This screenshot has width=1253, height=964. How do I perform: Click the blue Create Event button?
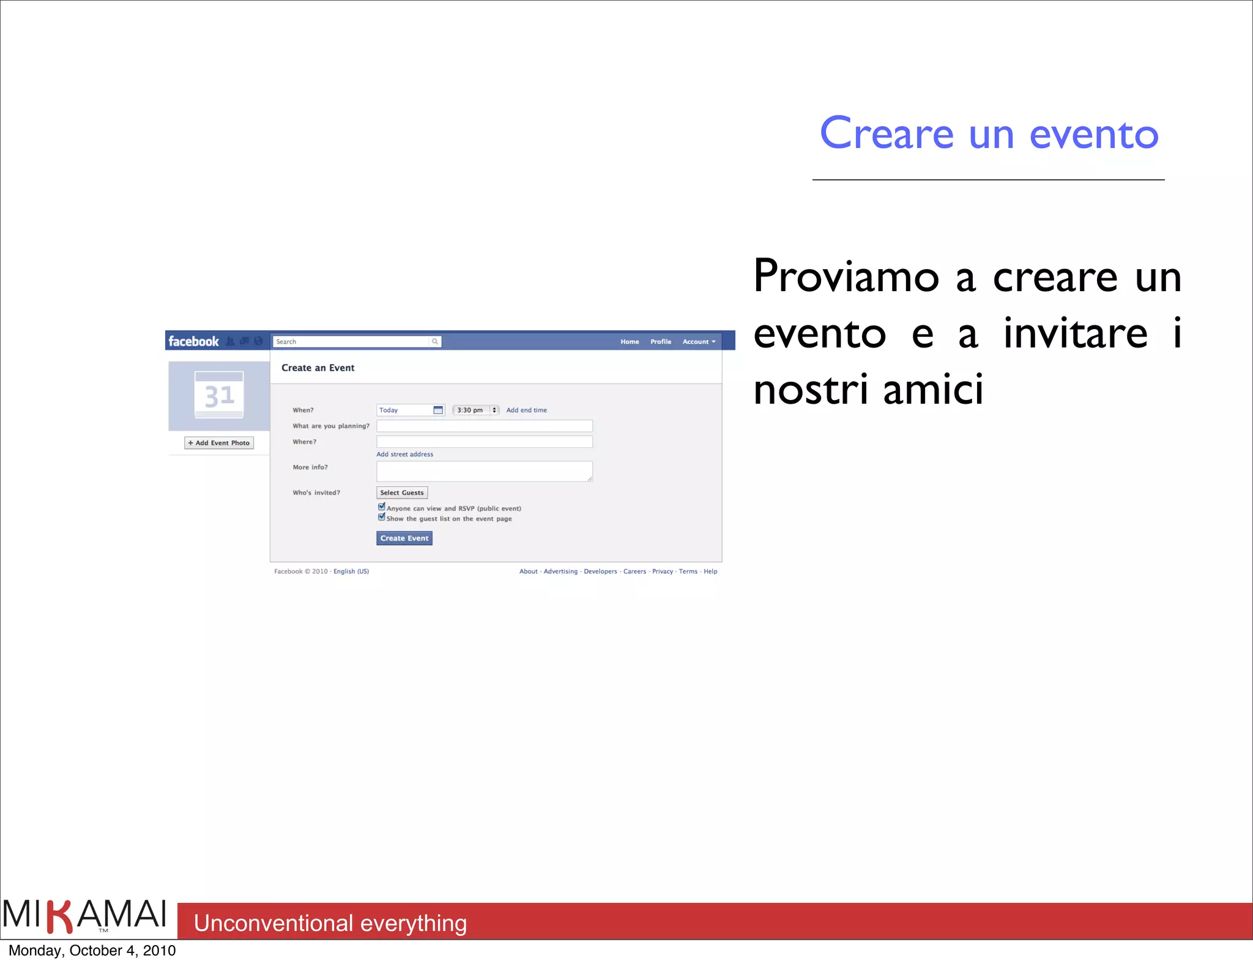pyautogui.click(x=404, y=538)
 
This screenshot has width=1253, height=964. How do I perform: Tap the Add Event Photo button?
pyautogui.click(x=219, y=443)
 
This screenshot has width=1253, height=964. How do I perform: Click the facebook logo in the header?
pyautogui.click(x=193, y=341)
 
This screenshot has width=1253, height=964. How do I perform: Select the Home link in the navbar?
pyautogui.click(x=630, y=342)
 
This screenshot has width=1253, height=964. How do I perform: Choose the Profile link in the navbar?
pyautogui.click(x=661, y=342)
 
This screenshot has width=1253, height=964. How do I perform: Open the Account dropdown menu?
pyautogui.click(x=699, y=342)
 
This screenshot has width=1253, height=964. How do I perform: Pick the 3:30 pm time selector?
pyautogui.click(x=475, y=410)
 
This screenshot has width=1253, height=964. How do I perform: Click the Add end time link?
pyautogui.click(x=526, y=410)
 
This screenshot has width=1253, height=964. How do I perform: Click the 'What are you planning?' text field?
pyautogui.click(x=484, y=426)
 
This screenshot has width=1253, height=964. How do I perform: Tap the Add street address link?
pyautogui.click(x=404, y=454)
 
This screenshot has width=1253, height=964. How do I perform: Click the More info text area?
pyautogui.click(x=484, y=471)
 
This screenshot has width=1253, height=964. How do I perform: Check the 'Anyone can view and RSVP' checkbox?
pyautogui.click(x=382, y=507)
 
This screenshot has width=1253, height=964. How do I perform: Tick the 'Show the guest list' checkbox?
pyautogui.click(x=382, y=517)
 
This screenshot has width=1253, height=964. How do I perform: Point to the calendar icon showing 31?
pyautogui.click(x=219, y=395)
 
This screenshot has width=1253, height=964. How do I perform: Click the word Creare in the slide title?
pyautogui.click(x=887, y=134)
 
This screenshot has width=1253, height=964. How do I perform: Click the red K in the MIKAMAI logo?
pyautogui.click(x=61, y=916)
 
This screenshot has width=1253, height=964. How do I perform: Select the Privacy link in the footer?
pyautogui.click(x=662, y=571)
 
